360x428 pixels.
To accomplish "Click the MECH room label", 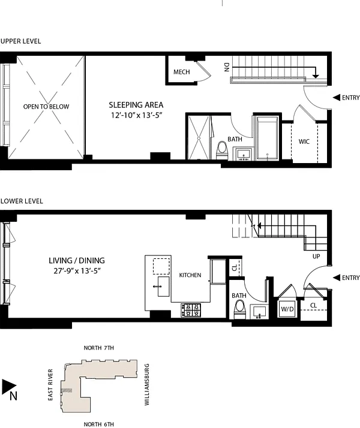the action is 182,72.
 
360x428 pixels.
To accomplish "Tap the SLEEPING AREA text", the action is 136,105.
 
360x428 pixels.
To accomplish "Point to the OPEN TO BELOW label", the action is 46,107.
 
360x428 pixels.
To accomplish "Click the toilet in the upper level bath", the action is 222,150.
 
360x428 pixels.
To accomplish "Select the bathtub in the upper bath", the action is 268,138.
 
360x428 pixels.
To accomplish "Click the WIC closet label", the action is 304,141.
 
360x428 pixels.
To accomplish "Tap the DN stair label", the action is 227,67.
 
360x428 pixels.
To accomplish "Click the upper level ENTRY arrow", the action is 336,98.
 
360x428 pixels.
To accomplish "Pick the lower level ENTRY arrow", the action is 336,278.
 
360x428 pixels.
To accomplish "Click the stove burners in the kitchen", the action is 191,311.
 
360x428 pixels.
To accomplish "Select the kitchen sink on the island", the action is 163,287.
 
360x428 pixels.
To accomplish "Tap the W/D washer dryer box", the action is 287,309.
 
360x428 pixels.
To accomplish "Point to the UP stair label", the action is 316,257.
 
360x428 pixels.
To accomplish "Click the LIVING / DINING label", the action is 77,260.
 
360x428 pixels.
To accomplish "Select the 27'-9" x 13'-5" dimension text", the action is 77,271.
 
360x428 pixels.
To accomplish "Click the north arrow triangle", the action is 9,387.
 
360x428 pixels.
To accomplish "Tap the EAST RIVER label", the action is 50,385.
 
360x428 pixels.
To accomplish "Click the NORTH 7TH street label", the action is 98,348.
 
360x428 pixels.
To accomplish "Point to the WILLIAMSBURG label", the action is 146,384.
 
